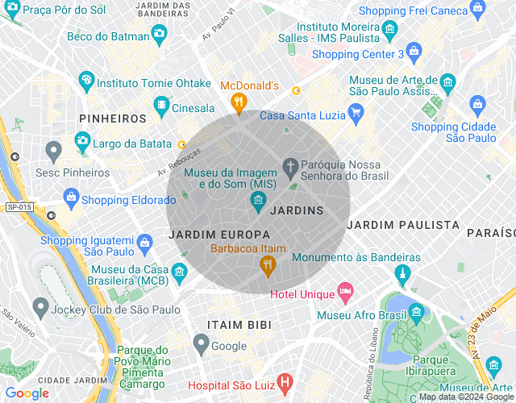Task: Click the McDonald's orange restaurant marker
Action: point(238,102)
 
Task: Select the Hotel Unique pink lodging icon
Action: point(345,290)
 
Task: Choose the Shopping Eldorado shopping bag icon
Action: point(71,197)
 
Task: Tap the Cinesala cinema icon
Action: point(162,105)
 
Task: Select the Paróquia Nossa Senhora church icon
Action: point(290,168)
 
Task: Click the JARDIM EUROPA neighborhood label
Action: point(214,233)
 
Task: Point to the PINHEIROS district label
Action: point(113,118)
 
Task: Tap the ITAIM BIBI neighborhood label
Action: point(239,324)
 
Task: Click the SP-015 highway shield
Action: point(19,207)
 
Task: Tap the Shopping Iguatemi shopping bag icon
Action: point(145,241)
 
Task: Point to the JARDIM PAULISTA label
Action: point(403,225)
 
